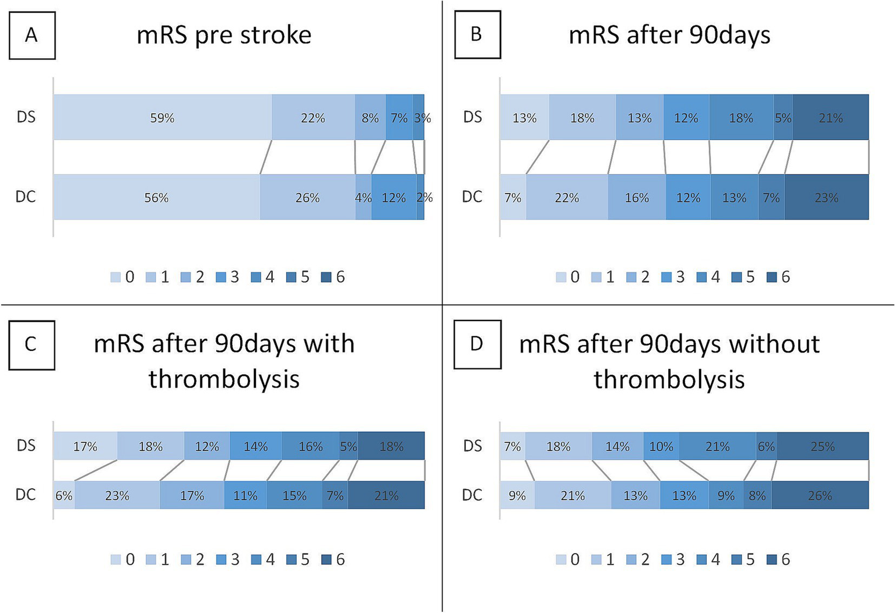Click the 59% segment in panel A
[x=162, y=117]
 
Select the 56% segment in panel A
[x=156, y=197]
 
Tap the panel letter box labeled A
[x=31, y=36]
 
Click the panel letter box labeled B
[x=477, y=34]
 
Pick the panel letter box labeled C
[x=31, y=345]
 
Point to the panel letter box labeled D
[x=477, y=344]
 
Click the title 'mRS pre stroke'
[x=224, y=35]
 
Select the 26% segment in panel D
[x=820, y=495]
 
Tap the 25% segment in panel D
[x=823, y=446]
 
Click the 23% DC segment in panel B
[x=826, y=197]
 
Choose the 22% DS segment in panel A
[x=313, y=117]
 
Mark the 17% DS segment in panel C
[x=85, y=446]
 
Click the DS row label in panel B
[x=473, y=117]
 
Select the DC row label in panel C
[x=26, y=494]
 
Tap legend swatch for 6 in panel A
[x=327, y=277]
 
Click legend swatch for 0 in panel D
[x=561, y=560]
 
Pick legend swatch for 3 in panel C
[x=221, y=560]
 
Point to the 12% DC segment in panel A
[x=394, y=197]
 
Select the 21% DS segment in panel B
[x=830, y=117]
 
